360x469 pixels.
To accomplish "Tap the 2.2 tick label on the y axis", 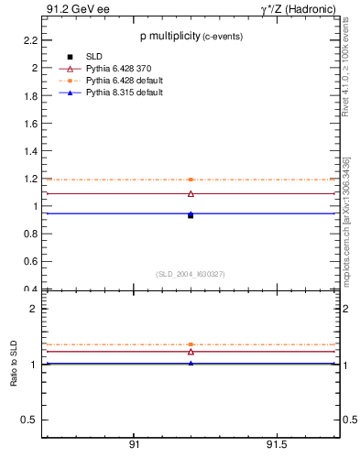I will (x=29, y=40).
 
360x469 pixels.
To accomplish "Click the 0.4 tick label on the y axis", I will (x=29, y=289).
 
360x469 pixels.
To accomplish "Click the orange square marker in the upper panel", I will (x=191, y=180).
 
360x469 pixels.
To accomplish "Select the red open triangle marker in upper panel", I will (x=191, y=193).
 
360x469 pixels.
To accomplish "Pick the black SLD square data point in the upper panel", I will (x=191, y=215).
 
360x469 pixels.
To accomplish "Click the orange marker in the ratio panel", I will (x=191, y=344).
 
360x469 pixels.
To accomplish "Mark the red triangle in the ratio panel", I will (x=191, y=351).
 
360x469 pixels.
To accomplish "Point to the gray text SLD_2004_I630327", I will (x=190, y=274).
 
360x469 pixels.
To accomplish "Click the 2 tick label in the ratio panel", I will (x=33, y=309).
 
